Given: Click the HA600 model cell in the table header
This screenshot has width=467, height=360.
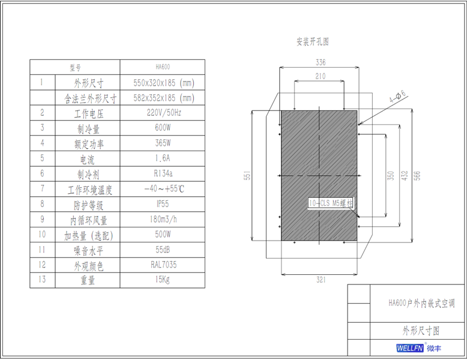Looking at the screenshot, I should pyautogui.click(x=162, y=67).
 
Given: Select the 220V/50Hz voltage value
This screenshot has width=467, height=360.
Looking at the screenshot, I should pyautogui.click(x=162, y=112).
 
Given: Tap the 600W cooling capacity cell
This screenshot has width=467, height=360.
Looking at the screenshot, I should pyautogui.click(x=162, y=127).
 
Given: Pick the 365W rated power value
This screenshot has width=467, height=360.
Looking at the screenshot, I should pyautogui.click(x=162, y=143).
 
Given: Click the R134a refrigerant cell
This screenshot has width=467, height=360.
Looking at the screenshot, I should pyautogui.click(x=162, y=173).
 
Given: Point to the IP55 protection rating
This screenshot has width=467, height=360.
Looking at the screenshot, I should pyautogui.click(x=162, y=204).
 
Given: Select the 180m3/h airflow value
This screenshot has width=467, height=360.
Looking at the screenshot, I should pyautogui.click(x=162, y=220).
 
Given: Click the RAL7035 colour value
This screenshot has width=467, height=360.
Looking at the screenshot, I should pyautogui.click(x=162, y=265).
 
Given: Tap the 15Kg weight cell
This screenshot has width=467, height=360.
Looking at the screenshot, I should pyautogui.click(x=162, y=280).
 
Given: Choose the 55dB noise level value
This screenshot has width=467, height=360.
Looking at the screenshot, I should pyautogui.click(x=162, y=250).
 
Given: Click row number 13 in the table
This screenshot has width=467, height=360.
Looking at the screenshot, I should pyautogui.click(x=42, y=280).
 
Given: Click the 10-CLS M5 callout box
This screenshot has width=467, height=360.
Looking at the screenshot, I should pyautogui.click(x=331, y=203).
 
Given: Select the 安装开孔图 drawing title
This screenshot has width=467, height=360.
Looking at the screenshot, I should pyautogui.click(x=312, y=42).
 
